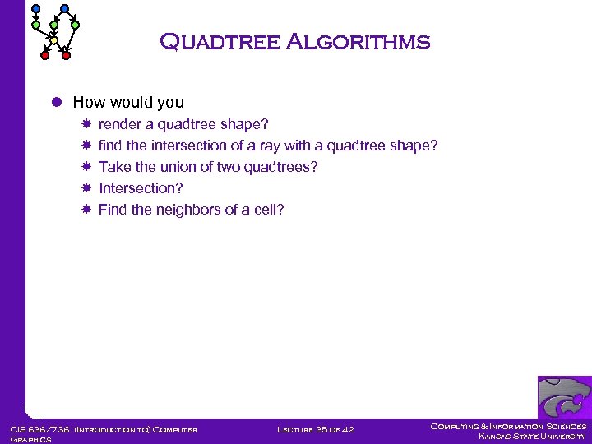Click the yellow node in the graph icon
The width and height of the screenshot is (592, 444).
point(53,40)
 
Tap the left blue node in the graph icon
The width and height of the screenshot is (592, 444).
point(35,9)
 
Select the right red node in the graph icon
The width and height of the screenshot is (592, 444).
point(66,56)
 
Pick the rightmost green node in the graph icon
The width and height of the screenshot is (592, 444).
point(75,25)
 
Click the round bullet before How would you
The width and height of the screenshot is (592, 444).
point(56,103)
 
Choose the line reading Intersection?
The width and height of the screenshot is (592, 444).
point(141,188)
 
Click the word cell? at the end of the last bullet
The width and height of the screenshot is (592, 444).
point(269,210)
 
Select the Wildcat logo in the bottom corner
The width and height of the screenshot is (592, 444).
point(564,397)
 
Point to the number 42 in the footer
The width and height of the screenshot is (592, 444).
point(348,428)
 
